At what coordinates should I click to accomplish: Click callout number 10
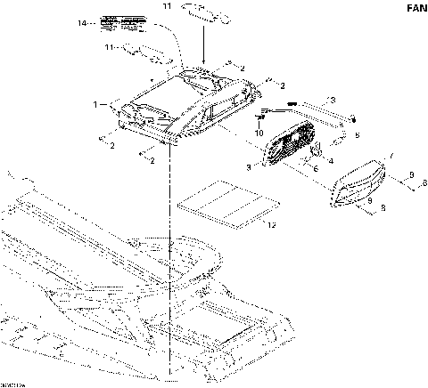tap(259, 133)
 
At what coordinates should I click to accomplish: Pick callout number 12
tap(273, 225)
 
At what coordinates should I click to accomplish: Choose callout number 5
tap(358, 135)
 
